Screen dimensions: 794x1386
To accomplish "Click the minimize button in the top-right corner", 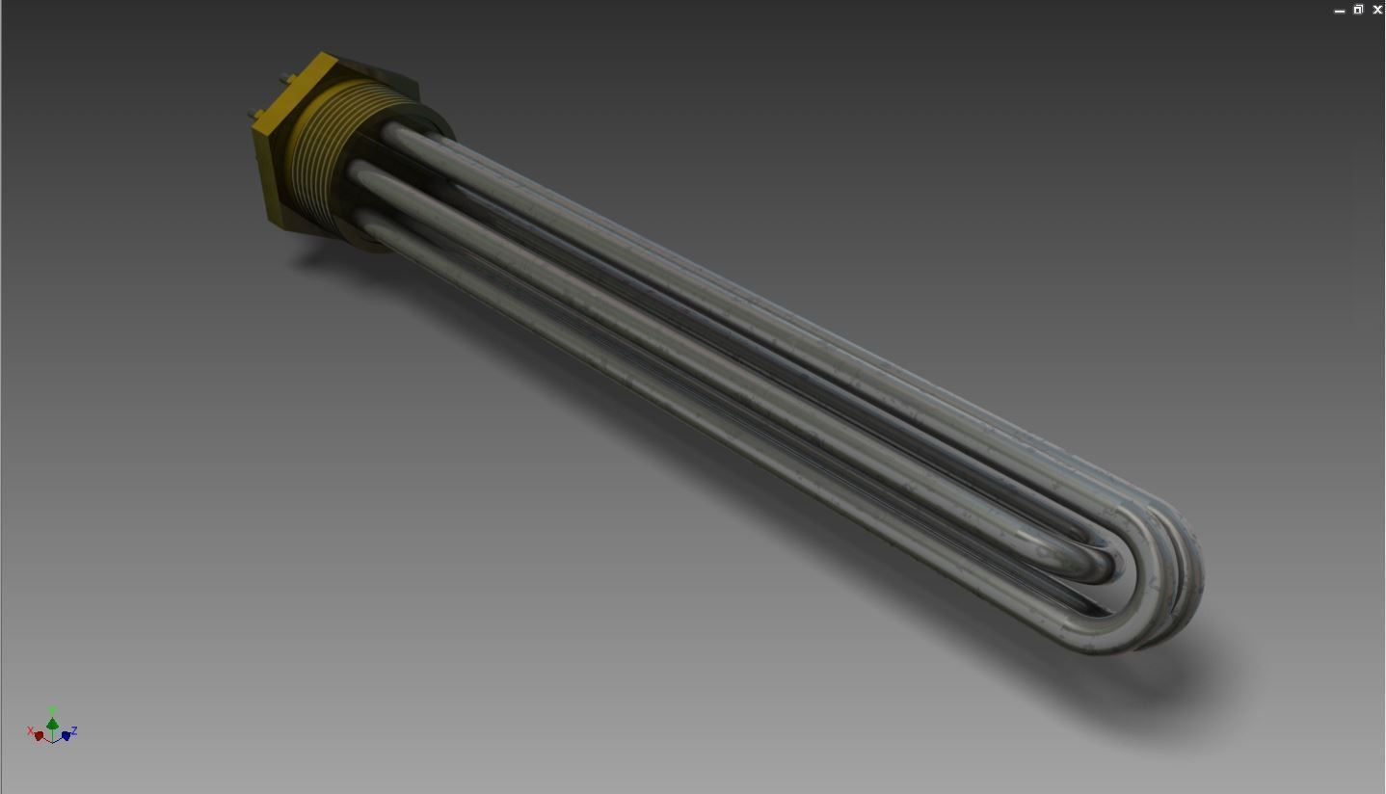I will (1339, 11).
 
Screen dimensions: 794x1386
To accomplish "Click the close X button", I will (1377, 10).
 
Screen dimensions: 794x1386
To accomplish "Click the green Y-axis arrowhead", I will (52, 724).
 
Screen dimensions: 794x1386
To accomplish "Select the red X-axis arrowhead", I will (39, 736).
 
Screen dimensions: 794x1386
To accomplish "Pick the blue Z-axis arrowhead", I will (66, 735).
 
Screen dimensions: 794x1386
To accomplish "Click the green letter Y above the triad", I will (52, 710).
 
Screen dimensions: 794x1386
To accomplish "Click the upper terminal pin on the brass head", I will (283, 78).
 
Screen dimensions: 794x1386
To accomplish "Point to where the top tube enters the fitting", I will (393, 129).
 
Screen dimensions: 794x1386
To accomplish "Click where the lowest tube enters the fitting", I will (367, 219).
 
